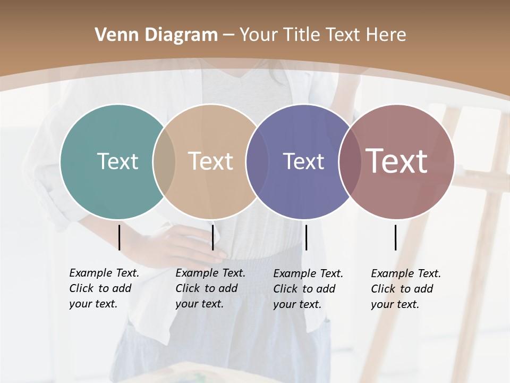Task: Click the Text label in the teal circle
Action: click(117, 161)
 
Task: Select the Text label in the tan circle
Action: click(210, 161)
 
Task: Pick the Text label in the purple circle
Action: click(303, 161)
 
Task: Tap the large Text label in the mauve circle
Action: click(397, 161)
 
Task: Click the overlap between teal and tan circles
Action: click(164, 162)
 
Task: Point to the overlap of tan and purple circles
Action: click(253, 162)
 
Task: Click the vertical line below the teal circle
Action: click(120, 237)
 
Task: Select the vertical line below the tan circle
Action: click(212, 237)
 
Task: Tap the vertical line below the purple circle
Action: click(306, 237)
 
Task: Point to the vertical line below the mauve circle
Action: click(396, 237)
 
